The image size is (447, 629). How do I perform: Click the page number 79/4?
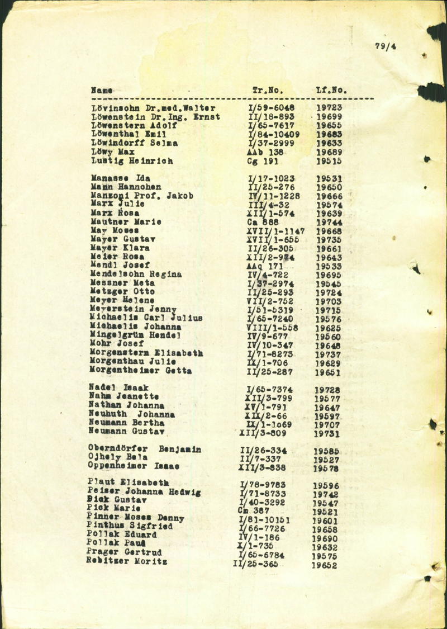point(386,47)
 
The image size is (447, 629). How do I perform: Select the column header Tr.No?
point(268,89)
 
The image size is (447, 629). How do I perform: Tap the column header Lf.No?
point(332,89)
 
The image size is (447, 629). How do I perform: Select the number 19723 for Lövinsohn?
point(329,107)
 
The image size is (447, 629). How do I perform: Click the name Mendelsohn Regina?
point(136,274)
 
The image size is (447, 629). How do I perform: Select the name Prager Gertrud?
point(125,553)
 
